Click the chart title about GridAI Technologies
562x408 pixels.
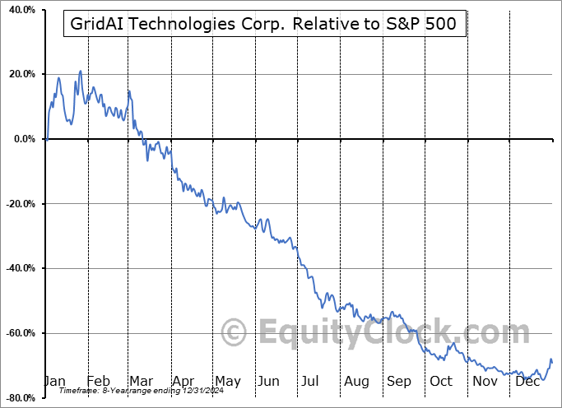265,25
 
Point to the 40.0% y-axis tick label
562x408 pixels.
19,10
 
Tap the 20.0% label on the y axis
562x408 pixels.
19,75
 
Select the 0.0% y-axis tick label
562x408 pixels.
22,139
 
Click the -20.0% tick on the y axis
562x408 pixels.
18,204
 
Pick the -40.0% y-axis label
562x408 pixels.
18,269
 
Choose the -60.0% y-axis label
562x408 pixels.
18,333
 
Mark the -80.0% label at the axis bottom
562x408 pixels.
18,398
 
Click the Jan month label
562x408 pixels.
53,381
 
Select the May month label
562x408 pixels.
227,381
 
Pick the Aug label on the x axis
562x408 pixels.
357,381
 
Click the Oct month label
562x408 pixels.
441,381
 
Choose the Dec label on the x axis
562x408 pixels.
527,381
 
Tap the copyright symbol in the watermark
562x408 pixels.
235,332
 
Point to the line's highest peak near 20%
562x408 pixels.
81,71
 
